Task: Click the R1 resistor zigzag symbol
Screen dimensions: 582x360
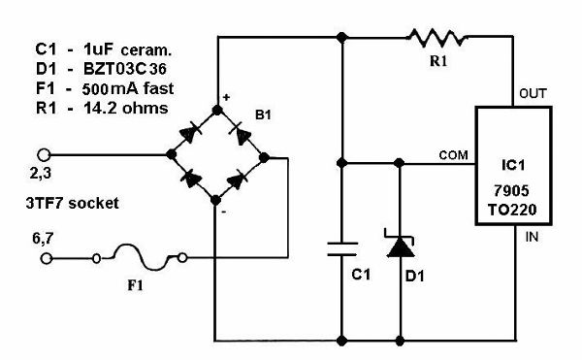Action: pos(436,38)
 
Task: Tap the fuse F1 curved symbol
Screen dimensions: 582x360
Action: pos(141,257)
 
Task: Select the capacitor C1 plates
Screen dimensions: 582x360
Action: pos(342,249)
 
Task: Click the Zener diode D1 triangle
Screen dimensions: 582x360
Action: pos(400,247)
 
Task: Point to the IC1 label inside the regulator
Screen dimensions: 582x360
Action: pos(514,165)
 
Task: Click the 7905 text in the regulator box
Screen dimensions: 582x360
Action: pos(511,191)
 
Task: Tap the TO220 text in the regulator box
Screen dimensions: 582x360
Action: pos(512,210)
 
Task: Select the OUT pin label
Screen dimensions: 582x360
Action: pos(533,93)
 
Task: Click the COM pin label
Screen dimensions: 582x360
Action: pos(453,154)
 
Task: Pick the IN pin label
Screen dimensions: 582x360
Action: pos(532,237)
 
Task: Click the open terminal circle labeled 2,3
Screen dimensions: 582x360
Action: pos(44,154)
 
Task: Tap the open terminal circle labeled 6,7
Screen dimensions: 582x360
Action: pos(46,258)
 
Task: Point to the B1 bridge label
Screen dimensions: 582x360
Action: pos(263,115)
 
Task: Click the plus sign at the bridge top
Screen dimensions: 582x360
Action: pos(226,97)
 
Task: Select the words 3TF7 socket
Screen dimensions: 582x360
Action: pos(73,203)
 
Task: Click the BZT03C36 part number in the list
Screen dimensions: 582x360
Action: pos(125,69)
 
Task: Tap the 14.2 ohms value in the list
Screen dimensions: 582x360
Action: pos(126,108)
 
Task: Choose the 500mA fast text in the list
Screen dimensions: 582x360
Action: pos(128,88)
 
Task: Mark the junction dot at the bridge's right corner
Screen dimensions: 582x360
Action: pos(264,158)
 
